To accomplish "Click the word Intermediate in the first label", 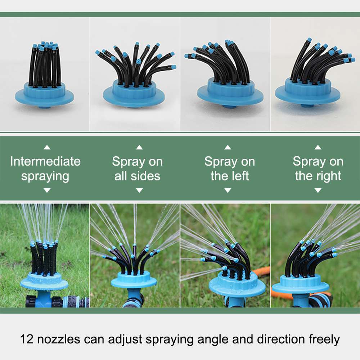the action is (x=45, y=161).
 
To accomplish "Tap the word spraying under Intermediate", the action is (x=45, y=176).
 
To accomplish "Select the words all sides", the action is (x=137, y=176).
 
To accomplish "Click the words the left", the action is (x=230, y=176).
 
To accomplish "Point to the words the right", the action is (x=318, y=176).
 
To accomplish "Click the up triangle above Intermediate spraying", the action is (x=47, y=147).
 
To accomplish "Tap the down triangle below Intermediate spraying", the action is (x=47, y=190).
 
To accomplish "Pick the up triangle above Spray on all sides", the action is (x=139, y=147).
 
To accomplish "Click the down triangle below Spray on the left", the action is (x=228, y=190).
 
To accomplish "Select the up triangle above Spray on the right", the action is (x=318, y=147).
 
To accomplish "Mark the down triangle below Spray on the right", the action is (x=318, y=190).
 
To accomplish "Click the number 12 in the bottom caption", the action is (x=27, y=339).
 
